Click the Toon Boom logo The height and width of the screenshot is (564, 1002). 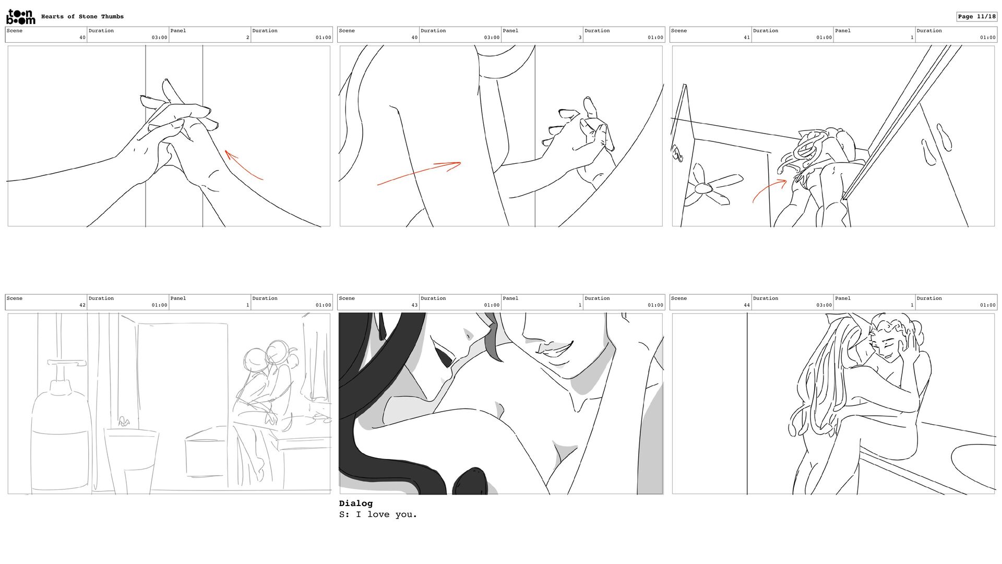tap(20, 17)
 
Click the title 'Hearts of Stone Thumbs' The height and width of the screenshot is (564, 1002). tap(82, 17)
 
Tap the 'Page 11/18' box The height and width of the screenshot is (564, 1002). tap(976, 17)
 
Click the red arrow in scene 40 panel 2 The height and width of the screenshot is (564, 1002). tap(244, 165)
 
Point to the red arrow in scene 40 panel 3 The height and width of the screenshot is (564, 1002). tap(419, 173)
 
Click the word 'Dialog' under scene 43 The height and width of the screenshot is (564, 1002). tap(356, 503)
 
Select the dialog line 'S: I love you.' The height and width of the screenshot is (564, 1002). tap(378, 515)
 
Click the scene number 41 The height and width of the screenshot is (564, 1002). tap(747, 38)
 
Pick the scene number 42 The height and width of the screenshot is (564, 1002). tap(82, 305)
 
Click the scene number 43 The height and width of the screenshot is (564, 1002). tap(414, 305)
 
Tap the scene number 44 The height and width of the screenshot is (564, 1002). tap(747, 305)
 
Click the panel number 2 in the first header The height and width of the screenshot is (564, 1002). tap(248, 38)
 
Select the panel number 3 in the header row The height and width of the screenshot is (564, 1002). tap(580, 38)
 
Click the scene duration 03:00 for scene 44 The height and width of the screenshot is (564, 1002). tap(824, 305)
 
